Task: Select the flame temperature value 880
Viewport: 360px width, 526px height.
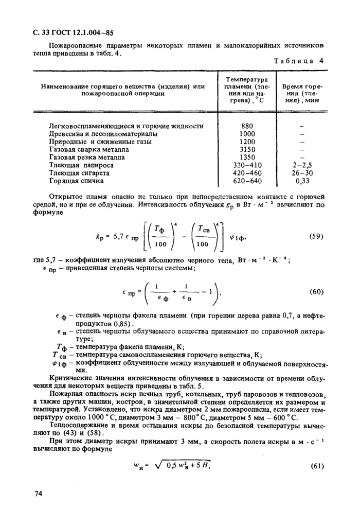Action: pyautogui.click(x=247, y=126)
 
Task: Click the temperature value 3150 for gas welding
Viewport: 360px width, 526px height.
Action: pyautogui.click(x=247, y=149)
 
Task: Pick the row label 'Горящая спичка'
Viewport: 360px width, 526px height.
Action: pyautogui.click(x=76, y=181)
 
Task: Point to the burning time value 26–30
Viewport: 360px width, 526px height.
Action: pyautogui.click(x=301, y=173)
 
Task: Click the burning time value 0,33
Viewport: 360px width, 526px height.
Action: pyautogui.click(x=301, y=181)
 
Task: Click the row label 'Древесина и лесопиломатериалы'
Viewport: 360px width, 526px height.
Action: pyautogui.click(x=103, y=133)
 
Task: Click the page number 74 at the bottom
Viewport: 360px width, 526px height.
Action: pyautogui.click(x=38, y=494)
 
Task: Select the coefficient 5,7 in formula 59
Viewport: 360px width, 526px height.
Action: pyautogui.click(x=117, y=237)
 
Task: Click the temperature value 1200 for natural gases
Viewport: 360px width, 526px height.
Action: pyautogui.click(x=247, y=142)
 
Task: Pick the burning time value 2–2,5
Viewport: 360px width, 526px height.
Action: pyautogui.click(x=301, y=165)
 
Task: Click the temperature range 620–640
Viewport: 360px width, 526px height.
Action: pyautogui.click(x=247, y=181)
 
